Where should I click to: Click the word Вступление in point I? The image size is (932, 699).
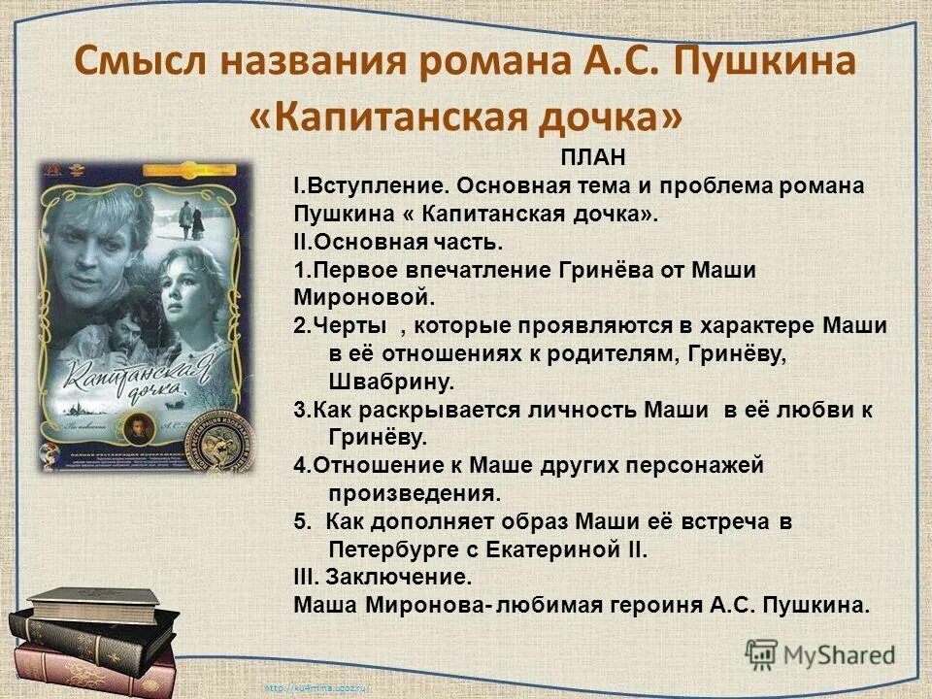point(376,185)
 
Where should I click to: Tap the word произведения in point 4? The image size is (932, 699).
point(415,493)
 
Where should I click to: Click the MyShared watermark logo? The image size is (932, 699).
point(820,653)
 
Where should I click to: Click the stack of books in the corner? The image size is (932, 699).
point(87,641)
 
